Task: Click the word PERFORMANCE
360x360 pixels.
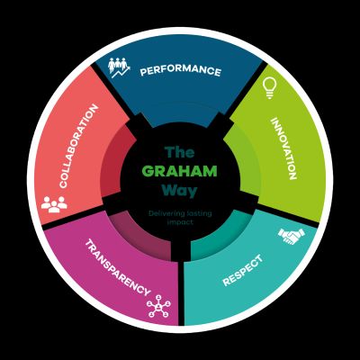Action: click(180, 70)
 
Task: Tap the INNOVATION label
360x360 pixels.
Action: click(283, 148)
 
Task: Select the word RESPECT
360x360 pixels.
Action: click(243, 270)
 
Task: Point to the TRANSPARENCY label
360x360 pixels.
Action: click(118, 267)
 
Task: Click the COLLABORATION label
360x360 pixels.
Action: click(78, 146)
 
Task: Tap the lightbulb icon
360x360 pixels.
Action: click(269, 88)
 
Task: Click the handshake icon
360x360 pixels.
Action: click(291, 236)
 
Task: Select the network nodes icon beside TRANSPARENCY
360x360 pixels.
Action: click(158, 306)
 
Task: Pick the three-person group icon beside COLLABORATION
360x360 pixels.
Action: click(54, 204)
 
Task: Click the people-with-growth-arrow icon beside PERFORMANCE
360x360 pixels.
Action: click(119, 67)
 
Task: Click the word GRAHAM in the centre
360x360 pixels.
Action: click(179, 171)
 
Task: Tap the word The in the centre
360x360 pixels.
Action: click(180, 152)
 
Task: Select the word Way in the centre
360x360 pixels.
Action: click(179, 191)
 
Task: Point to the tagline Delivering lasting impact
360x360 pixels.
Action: click(180, 218)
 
